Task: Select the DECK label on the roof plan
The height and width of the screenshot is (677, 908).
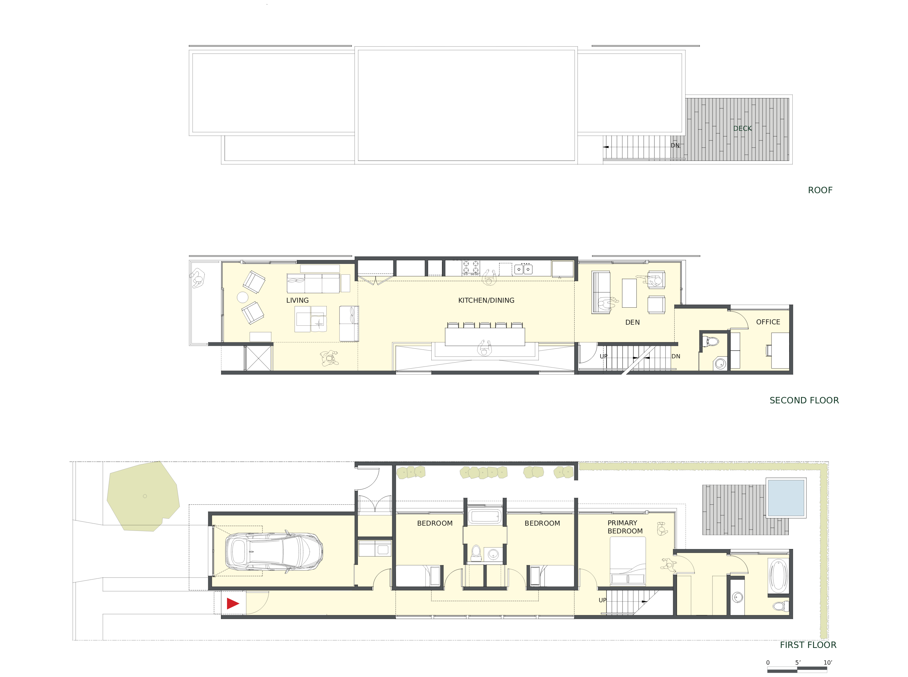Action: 742,128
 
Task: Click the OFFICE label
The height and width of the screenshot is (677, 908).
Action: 768,322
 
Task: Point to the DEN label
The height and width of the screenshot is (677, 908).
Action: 632,323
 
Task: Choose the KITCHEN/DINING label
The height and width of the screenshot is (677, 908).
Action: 486,300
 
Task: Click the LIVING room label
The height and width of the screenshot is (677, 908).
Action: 297,300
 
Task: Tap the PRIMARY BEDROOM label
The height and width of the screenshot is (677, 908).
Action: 625,527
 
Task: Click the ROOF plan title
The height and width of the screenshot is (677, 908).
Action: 820,190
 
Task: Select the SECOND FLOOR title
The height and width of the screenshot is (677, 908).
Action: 804,401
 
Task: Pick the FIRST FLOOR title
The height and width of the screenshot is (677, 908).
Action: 808,645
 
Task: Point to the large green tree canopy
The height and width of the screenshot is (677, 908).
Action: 143,496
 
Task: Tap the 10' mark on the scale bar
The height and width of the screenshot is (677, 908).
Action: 827,662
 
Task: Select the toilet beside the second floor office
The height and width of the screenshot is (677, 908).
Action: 710,341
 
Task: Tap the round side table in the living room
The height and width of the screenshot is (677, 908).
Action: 242,297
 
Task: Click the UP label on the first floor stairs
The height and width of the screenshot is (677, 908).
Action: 602,600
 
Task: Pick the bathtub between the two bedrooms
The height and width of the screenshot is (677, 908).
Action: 485,516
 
